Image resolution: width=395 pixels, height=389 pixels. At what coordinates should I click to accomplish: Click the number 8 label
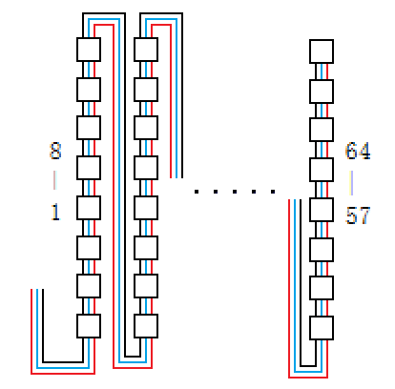[x=55, y=151]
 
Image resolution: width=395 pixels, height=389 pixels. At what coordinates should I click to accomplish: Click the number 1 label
[x=55, y=212]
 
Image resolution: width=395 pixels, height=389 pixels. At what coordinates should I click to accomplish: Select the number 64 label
[x=358, y=151]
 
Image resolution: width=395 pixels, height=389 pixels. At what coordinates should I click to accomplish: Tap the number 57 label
[x=358, y=215]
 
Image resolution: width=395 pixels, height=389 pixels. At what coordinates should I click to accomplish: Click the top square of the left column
[x=89, y=50]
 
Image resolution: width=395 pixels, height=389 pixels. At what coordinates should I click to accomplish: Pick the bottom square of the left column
[x=89, y=326]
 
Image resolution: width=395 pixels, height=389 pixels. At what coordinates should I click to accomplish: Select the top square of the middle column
[x=146, y=50]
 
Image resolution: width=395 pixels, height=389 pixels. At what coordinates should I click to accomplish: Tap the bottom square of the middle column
[x=146, y=326]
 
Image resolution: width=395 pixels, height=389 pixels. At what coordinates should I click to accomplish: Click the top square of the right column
[x=322, y=51]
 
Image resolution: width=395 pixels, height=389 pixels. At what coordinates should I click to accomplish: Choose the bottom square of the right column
[x=322, y=328]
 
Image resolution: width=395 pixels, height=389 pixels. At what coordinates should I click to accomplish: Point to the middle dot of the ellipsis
[x=235, y=192]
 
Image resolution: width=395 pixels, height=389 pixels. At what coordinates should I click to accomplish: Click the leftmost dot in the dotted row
[x=197, y=192]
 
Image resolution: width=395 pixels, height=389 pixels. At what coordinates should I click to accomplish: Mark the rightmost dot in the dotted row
[x=273, y=192]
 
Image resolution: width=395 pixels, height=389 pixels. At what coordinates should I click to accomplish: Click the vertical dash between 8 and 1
[x=54, y=180]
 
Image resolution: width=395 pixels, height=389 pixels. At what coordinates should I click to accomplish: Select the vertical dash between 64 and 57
[x=351, y=183]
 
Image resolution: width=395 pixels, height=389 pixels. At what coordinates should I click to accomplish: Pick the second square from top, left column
[x=89, y=90]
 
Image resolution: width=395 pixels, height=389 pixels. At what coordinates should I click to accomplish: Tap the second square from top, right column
[x=322, y=92]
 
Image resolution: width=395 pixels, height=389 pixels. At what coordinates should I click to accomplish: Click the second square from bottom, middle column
[x=146, y=286]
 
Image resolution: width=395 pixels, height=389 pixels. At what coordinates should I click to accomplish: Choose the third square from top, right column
[x=322, y=130]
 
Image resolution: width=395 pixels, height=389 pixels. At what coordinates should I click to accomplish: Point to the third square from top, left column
[x=89, y=128]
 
